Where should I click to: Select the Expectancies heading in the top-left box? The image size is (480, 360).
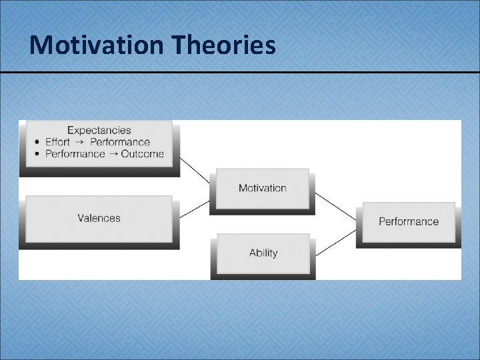click(x=99, y=130)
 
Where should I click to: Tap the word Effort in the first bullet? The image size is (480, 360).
click(x=57, y=142)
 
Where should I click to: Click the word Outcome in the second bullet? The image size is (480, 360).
click(x=142, y=154)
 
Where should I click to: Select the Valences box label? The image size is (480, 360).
click(x=99, y=218)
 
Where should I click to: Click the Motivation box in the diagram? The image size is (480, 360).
click(x=262, y=188)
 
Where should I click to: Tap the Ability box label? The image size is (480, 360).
click(x=263, y=253)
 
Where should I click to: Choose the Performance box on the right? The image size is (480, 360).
click(x=408, y=221)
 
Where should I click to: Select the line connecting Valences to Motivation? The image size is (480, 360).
click(x=195, y=209)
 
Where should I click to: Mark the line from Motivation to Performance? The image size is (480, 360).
click(x=335, y=208)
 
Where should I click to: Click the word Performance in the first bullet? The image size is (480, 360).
click(x=120, y=142)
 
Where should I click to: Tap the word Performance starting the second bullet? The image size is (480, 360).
click(x=75, y=154)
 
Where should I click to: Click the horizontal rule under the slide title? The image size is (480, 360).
click(x=240, y=71)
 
